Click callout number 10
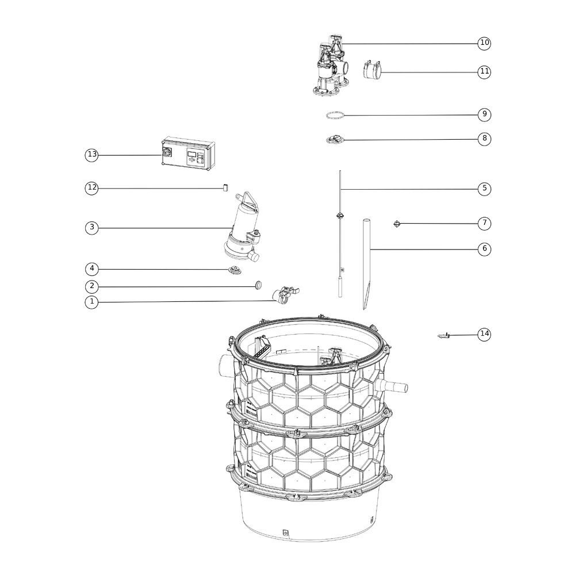(484, 43)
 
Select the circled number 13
(91, 155)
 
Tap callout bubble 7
(484, 223)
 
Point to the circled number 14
(484, 334)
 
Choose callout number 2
(91, 286)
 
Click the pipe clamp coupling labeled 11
(371, 70)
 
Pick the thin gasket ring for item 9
(335, 116)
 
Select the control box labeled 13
(189, 155)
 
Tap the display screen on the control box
(192, 154)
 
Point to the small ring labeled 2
(259, 285)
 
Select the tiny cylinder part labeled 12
(225, 188)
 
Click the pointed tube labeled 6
(366, 264)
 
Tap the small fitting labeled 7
(396, 223)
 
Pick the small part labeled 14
(444, 336)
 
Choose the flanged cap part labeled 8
(335, 139)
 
